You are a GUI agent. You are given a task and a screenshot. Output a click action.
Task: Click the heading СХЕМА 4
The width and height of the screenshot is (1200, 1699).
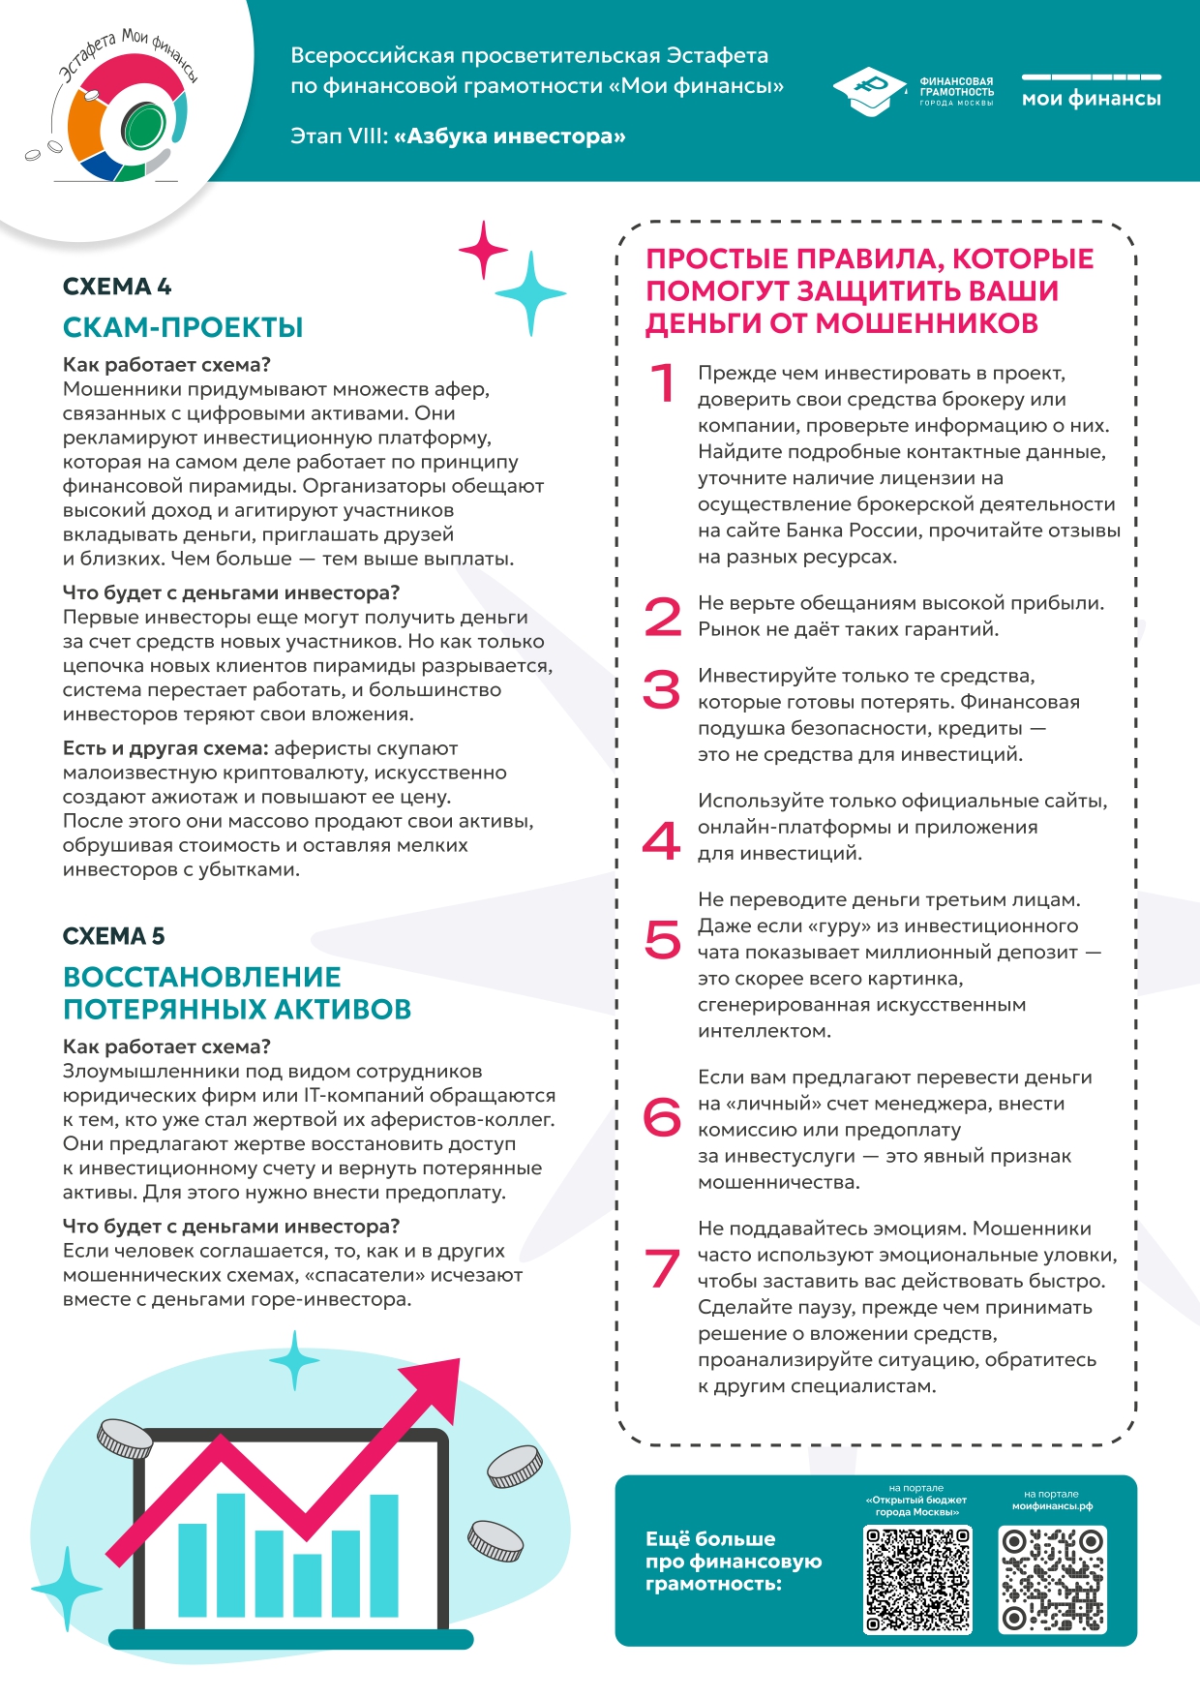tap(117, 287)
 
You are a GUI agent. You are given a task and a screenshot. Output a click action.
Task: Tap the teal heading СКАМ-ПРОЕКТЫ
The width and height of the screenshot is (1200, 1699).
tap(183, 327)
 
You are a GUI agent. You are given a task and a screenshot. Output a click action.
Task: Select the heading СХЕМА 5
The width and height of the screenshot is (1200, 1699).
tap(114, 936)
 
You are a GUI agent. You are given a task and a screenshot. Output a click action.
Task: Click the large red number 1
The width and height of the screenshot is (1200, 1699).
tap(663, 382)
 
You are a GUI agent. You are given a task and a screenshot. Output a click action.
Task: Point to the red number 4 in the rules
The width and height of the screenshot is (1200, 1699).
tap(662, 839)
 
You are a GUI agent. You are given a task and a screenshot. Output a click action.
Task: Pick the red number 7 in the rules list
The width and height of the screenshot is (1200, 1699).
tap(662, 1268)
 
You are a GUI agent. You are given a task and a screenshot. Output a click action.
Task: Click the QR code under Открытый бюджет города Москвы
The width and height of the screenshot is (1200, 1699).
tap(917, 1580)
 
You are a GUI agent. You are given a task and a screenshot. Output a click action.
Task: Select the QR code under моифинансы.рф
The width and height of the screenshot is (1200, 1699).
tap(1052, 1580)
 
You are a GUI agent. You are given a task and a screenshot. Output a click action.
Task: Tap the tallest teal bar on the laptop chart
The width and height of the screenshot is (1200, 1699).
tap(230, 1555)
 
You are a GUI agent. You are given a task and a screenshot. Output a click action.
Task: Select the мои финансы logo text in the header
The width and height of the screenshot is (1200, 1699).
tap(1091, 99)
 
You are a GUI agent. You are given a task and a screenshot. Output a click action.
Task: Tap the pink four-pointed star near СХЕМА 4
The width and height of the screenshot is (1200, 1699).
tap(484, 250)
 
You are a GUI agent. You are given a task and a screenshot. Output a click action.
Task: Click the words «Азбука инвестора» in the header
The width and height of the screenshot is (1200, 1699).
tap(510, 137)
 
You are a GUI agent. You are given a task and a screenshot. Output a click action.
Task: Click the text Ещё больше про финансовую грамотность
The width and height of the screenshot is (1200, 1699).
tap(734, 1561)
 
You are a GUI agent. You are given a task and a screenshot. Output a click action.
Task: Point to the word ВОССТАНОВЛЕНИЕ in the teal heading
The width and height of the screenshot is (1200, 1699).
tap(202, 977)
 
